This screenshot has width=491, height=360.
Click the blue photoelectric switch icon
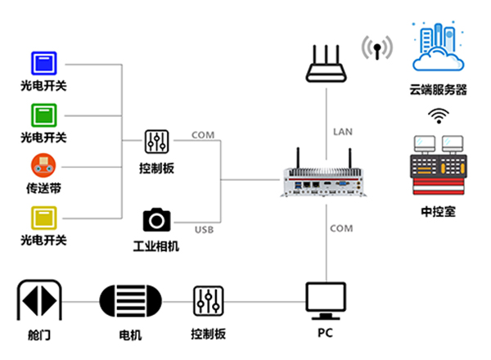coord(43,63)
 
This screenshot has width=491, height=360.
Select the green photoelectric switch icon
coord(43,113)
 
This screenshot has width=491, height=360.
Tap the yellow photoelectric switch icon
coord(43,217)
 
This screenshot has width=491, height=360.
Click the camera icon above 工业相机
coord(156,219)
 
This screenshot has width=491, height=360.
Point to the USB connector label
coord(203,230)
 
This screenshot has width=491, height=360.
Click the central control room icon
coord(437,164)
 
